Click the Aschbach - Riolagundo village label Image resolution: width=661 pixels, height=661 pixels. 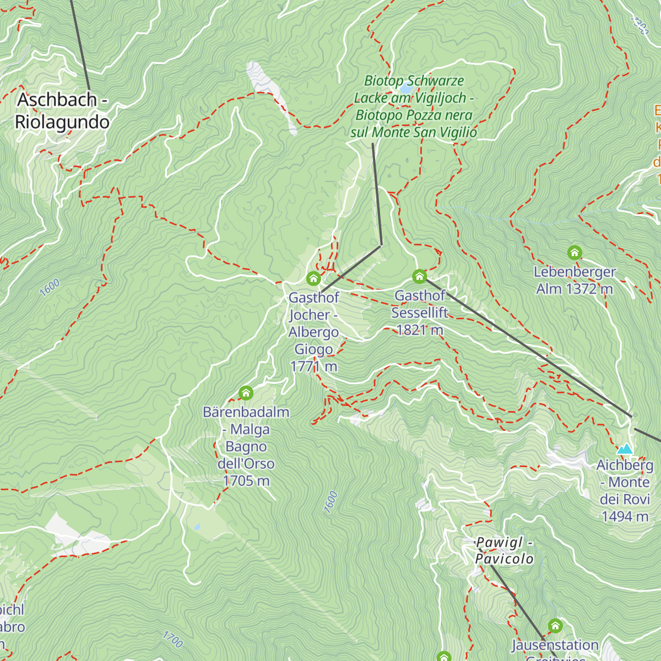62,111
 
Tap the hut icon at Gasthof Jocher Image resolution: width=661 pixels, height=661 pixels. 313,278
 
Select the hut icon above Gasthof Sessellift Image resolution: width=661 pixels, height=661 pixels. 420,276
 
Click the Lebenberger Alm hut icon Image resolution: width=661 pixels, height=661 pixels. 575,253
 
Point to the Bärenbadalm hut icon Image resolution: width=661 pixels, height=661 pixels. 246,393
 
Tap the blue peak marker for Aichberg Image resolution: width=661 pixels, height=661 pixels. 625,449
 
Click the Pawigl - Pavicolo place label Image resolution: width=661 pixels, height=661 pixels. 504,550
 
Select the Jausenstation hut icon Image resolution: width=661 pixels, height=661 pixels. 555,626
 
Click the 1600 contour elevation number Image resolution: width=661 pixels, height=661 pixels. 50,288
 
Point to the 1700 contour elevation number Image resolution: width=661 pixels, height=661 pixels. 172,639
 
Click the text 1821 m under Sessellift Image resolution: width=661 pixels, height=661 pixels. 420,330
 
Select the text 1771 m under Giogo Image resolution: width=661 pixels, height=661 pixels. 313,366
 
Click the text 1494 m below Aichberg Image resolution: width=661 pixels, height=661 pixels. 625,516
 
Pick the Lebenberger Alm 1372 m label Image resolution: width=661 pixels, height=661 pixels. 575,280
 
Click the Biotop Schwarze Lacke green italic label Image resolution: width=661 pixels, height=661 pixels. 414,106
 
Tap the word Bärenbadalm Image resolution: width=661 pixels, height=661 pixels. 246,412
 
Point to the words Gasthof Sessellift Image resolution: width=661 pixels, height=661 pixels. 420,304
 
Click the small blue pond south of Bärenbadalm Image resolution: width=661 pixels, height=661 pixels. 197,527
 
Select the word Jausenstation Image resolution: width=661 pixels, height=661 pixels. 555,645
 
